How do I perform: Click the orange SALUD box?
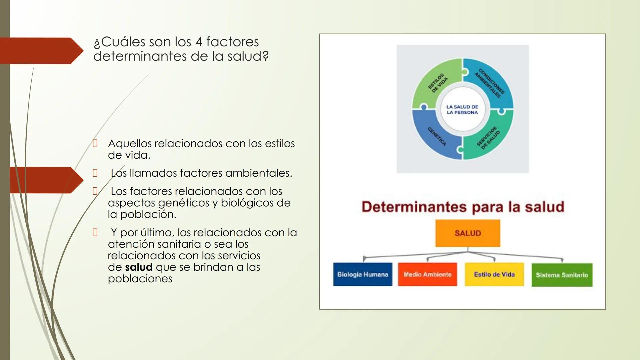pos(467,233)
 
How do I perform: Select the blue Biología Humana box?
pos(363,274)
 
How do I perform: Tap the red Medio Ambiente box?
pos(427,274)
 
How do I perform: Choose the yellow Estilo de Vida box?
pos(494,274)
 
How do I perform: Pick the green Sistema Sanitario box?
pos(562,275)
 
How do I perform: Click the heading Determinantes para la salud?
pos(463,207)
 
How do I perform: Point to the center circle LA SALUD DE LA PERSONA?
pos(462,109)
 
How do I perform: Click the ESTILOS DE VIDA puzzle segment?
pos(433,83)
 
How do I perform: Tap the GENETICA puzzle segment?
pos(433,137)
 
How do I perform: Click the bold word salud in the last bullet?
pos(139,267)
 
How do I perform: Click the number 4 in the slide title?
pos(199,42)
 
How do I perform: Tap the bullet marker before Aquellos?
pos(95,144)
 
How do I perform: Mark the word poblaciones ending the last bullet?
pos(140,279)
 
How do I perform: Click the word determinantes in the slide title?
pos(140,56)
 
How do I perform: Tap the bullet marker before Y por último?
pos(95,232)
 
